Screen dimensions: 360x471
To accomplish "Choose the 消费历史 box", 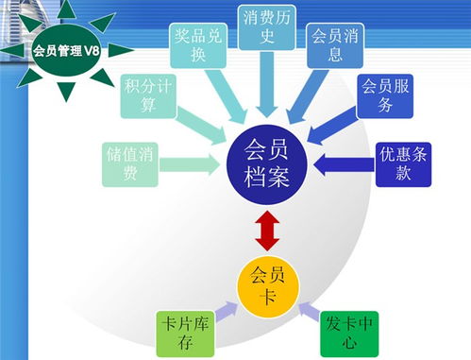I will pyautogui.click(x=269, y=28).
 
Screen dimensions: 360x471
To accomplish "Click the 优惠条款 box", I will pyautogui.click(x=403, y=163).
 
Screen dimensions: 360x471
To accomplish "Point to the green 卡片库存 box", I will pyautogui.click(x=178, y=329).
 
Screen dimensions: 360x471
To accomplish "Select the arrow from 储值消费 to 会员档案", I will pyautogui.click(x=193, y=163).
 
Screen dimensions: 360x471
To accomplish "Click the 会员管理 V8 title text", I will pyautogui.click(x=58, y=50).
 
